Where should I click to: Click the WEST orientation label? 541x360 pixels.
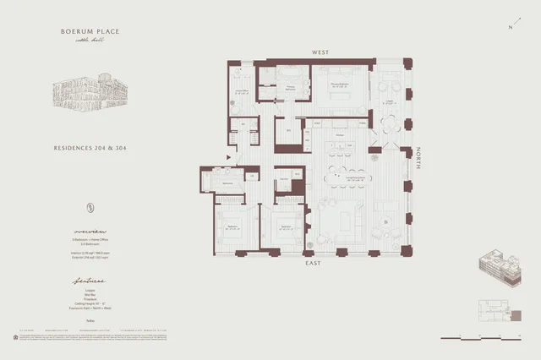[x=320, y=52]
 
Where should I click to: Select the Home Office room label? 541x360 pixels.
[x=240, y=92]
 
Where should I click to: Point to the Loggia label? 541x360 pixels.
[x=390, y=102]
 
